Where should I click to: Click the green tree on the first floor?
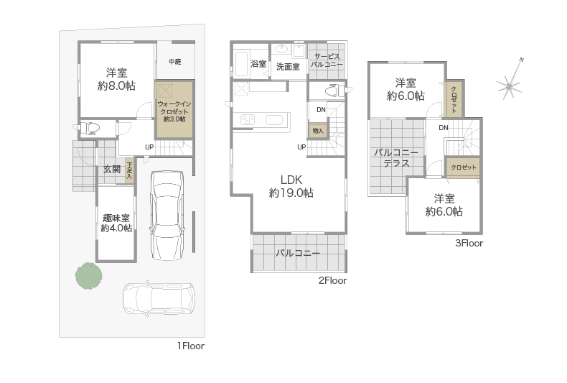tap(88, 276)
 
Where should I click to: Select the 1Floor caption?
tap(191, 346)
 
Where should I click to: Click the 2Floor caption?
tap(333, 280)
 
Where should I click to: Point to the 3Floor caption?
tap(469, 244)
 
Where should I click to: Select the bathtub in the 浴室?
tap(241, 64)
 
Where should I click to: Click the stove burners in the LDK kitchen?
tap(248, 120)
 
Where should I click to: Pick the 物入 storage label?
tap(318, 131)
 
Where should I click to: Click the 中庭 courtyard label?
tap(175, 62)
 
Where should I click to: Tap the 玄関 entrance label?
tap(112, 169)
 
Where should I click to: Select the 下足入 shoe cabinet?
tap(129, 170)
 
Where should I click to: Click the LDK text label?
tap(291, 180)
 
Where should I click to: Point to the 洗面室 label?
tap(289, 67)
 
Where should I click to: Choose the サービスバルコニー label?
tap(327, 60)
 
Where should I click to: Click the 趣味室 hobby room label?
tap(116, 218)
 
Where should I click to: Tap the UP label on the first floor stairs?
tap(149, 147)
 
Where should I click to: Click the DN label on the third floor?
tap(444, 127)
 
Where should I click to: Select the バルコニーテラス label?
tap(396, 158)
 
